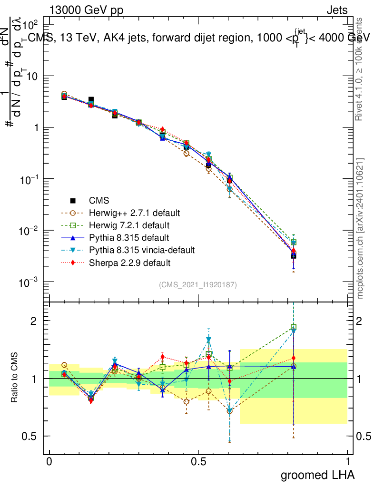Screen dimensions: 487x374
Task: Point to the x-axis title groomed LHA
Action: pyautogui.click(x=318, y=475)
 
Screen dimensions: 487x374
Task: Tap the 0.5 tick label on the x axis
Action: pyautogui.click(x=198, y=462)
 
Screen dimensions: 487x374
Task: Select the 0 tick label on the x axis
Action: pyautogui.click(x=49, y=462)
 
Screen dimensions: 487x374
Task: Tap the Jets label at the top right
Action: pyautogui.click(x=337, y=10)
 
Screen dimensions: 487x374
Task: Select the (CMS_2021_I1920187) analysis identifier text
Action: pyautogui.click(x=198, y=284)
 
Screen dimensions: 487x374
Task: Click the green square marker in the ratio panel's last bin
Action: pyautogui.click(x=294, y=327)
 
